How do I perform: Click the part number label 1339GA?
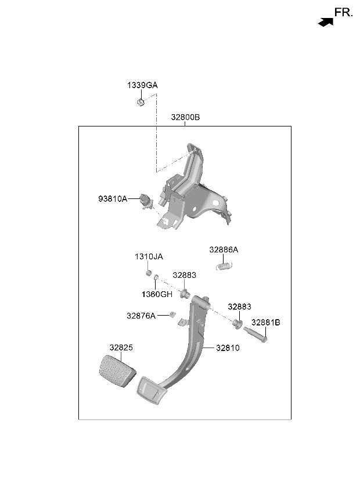[x=142, y=85]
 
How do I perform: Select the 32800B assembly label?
[x=185, y=117]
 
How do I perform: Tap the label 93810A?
[x=113, y=199]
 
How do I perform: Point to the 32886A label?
[x=224, y=249]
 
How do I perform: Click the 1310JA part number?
[x=149, y=256]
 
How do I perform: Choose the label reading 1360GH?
[x=157, y=294]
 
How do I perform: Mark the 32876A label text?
[x=141, y=316]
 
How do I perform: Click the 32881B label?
[x=266, y=323]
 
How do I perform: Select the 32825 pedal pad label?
[x=121, y=348]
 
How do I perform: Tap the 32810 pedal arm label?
[x=228, y=348]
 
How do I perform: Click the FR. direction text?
[x=343, y=13]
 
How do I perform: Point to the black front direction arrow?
[x=326, y=22]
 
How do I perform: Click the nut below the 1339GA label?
[x=141, y=102]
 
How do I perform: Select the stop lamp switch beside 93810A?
[x=147, y=201]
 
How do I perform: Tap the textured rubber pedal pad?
[x=118, y=371]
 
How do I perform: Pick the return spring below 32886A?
[x=224, y=267]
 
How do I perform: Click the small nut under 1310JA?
[x=149, y=273]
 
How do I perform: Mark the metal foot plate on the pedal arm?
[x=152, y=390]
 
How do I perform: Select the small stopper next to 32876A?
[x=172, y=314]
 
